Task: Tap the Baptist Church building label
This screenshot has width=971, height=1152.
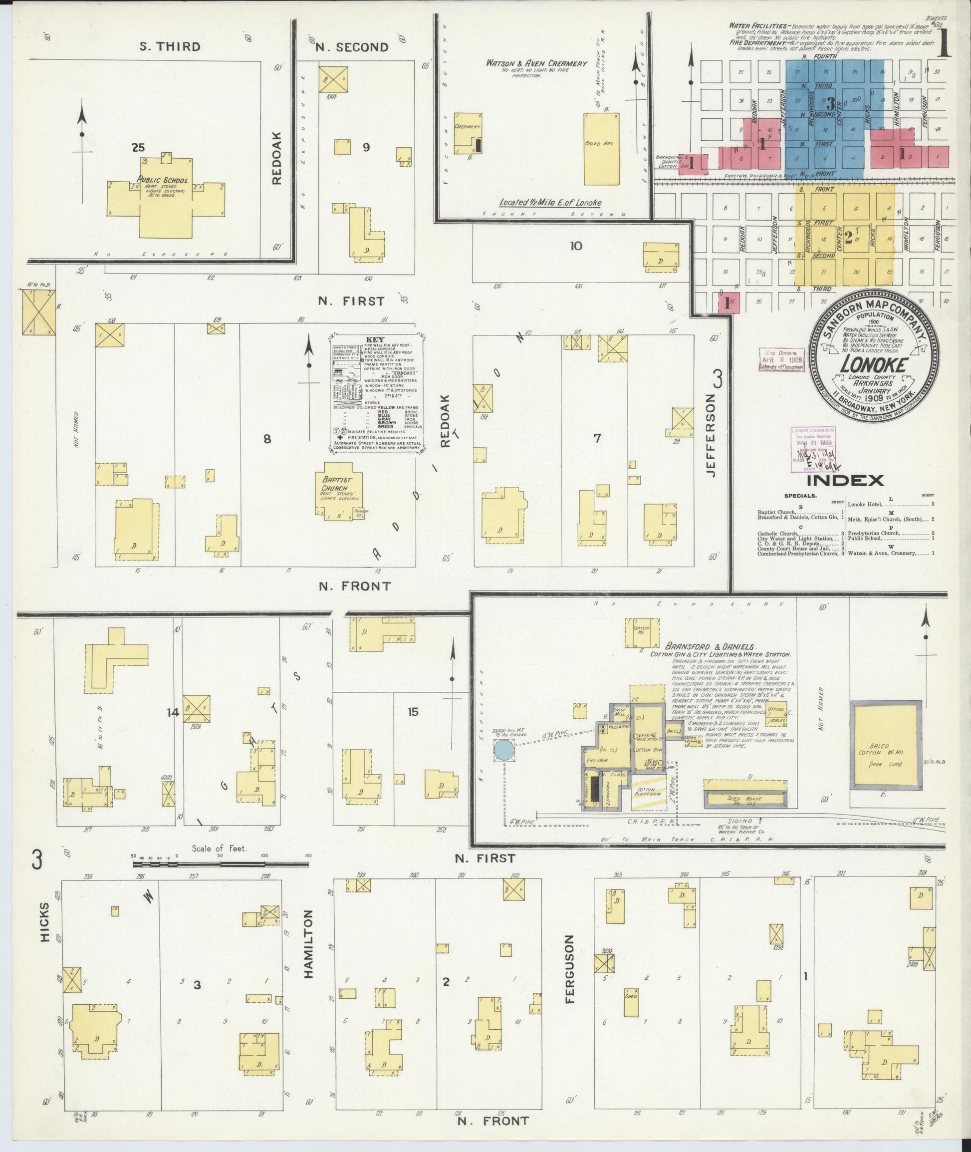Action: click(337, 484)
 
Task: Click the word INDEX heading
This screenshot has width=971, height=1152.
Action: click(845, 480)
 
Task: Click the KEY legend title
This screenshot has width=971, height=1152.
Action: click(374, 340)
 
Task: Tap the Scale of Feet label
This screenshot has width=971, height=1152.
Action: click(219, 849)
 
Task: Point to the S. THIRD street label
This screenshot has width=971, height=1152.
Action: click(170, 46)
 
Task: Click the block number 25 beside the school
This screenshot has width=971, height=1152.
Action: click(138, 147)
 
